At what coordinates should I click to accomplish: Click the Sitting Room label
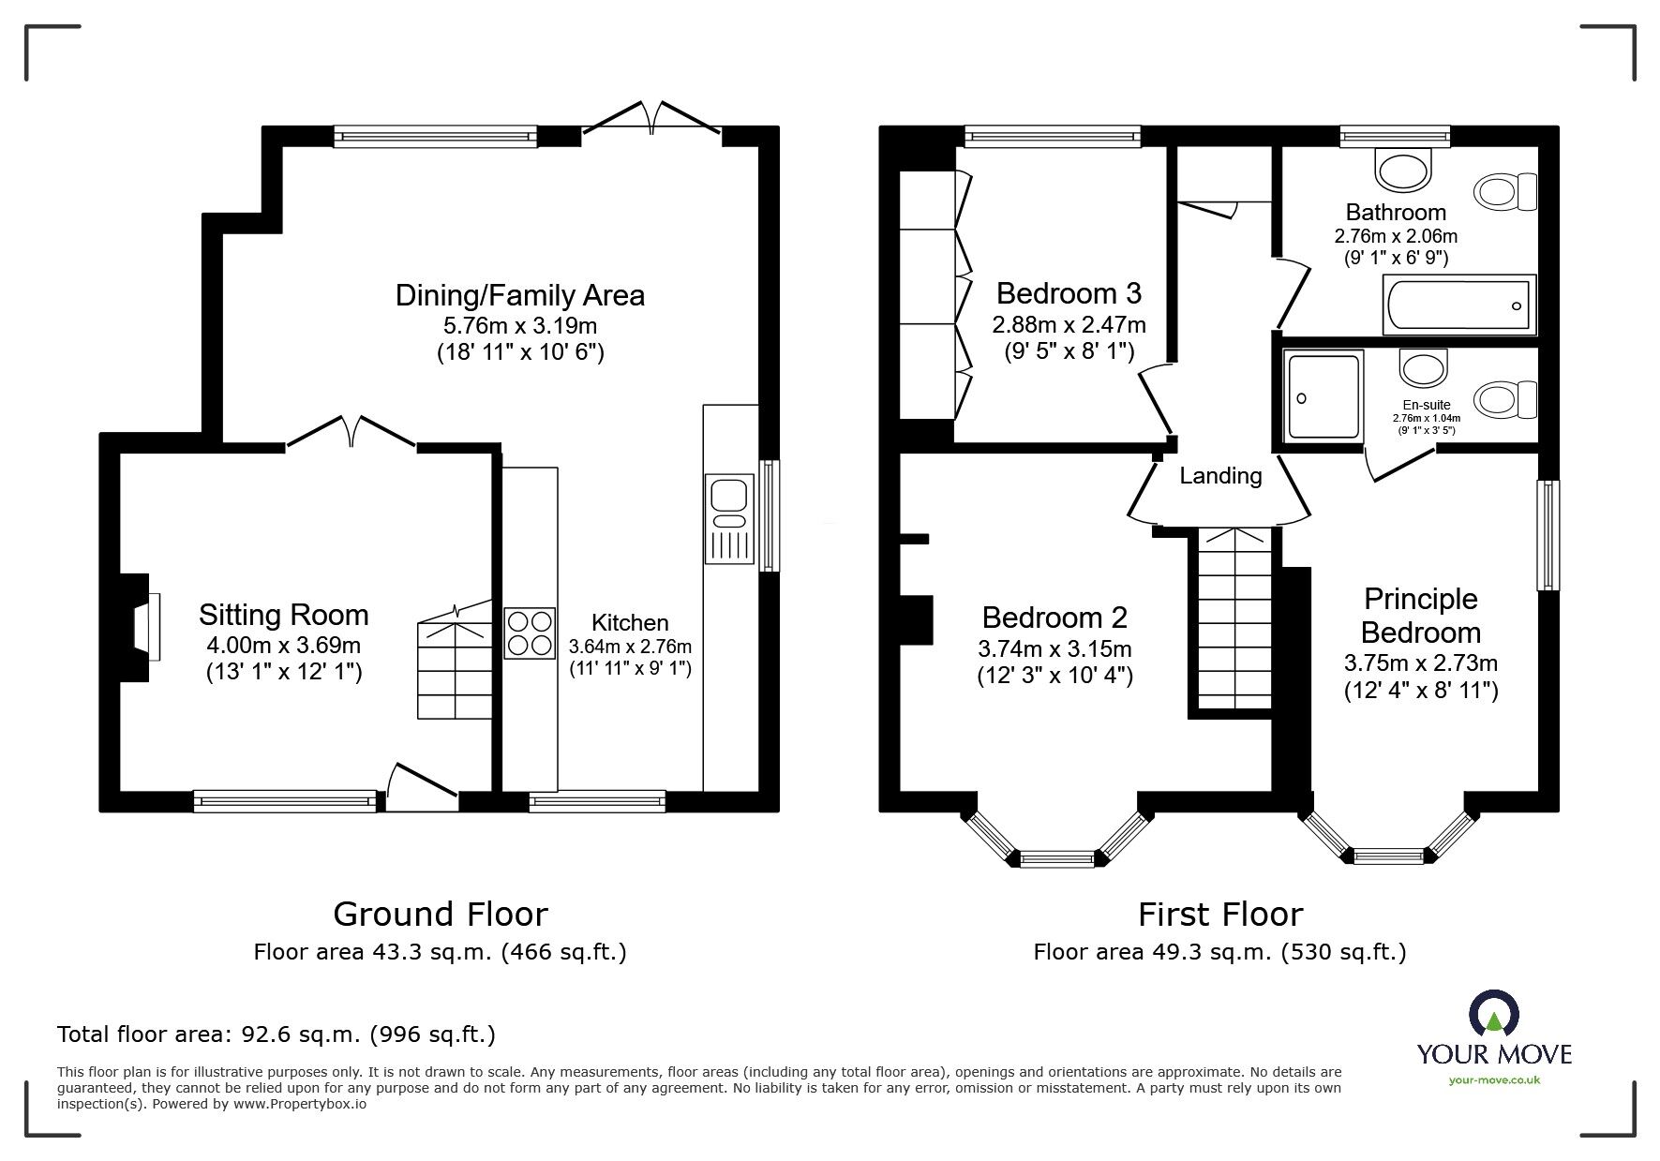click(283, 615)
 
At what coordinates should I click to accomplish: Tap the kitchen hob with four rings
click(530, 633)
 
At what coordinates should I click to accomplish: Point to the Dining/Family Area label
click(520, 295)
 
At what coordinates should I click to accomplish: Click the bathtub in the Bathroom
click(1459, 305)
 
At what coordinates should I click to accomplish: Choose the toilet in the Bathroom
click(1505, 193)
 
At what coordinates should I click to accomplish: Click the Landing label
click(1220, 476)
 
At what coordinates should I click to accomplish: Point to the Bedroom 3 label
click(1069, 293)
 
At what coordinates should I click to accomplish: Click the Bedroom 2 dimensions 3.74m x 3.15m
click(1054, 648)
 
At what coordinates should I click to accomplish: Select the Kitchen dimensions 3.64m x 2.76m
click(630, 647)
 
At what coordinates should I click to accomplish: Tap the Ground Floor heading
click(441, 914)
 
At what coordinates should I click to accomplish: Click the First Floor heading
click(1220, 914)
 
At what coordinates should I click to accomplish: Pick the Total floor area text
click(277, 1034)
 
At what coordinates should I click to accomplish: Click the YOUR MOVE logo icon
click(1492, 1018)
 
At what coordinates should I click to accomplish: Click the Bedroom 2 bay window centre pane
click(1056, 857)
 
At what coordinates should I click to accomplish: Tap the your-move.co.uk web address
click(1494, 1080)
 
